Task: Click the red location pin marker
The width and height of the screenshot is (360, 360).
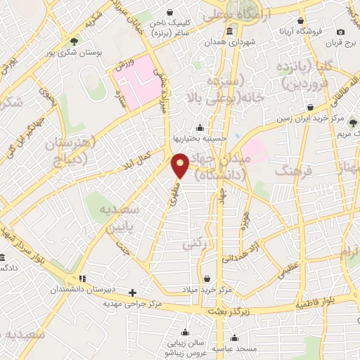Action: pos(181,165)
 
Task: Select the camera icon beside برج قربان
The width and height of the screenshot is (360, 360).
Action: pos(340,32)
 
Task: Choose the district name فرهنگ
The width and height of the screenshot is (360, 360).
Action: pos(292,170)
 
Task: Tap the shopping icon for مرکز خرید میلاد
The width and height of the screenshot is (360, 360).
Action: pos(206,278)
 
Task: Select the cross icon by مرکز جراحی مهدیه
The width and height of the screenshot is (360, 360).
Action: pos(132,292)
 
